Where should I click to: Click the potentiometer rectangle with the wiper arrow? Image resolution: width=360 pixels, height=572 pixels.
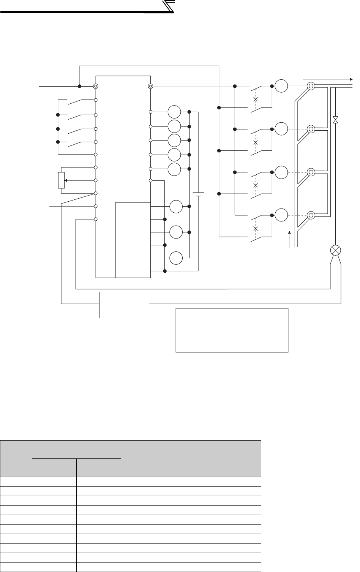coord(61,180)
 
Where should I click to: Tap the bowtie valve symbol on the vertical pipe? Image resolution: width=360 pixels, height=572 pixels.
coord(335,120)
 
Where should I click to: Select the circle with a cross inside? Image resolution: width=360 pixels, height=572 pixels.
coord(336,250)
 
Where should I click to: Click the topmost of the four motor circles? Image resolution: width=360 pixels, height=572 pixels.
coord(281,86)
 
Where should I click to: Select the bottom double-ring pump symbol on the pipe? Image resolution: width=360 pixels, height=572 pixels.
coord(311,215)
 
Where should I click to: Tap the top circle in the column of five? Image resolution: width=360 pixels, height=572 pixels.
coord(174,112)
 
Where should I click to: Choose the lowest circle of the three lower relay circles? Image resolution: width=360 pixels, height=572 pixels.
coord(176,258)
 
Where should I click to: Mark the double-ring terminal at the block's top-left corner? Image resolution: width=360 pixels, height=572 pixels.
coord(96,86)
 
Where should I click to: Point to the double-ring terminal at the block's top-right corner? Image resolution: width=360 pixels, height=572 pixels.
coord(151,86)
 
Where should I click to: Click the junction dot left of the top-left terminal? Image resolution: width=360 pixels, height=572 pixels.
coord(79,86)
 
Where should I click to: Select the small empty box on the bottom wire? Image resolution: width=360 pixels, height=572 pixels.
coord(124,305)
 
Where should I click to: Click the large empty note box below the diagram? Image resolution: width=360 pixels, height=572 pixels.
coord(232,330)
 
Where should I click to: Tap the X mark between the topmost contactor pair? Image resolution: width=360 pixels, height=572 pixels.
coord(256,100)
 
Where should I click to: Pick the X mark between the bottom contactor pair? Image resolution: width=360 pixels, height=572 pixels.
coord(256,229)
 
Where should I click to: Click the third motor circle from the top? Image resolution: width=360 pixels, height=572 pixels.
coord(281,172)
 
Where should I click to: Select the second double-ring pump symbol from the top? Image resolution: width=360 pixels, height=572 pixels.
coord(311,129)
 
